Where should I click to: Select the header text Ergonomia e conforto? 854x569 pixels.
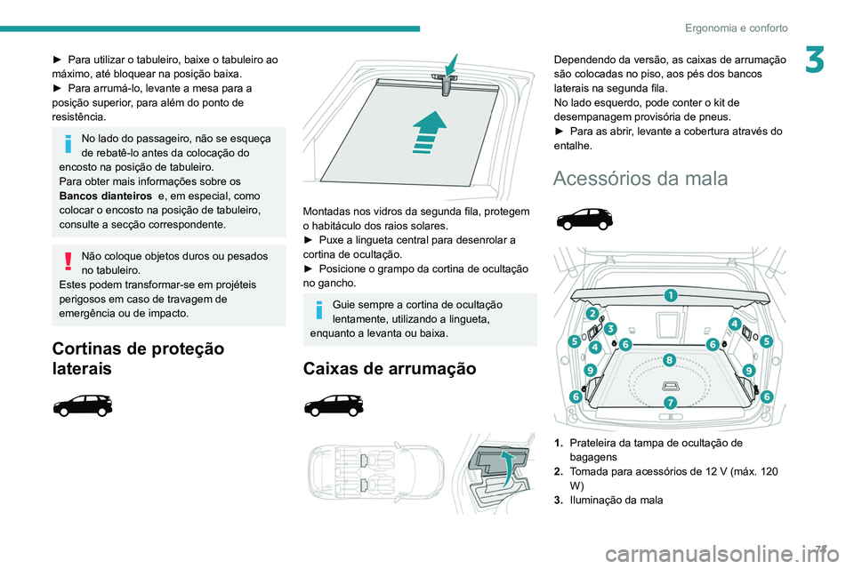(x=737, y=28)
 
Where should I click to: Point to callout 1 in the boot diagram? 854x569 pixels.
(x=668, y=294)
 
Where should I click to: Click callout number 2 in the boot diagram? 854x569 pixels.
(x=591, y=314)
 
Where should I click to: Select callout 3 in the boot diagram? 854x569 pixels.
(x=611, y=329)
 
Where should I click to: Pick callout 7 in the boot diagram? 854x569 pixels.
(x=671, y=403)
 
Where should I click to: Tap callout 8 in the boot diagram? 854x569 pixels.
(x=669, y=359)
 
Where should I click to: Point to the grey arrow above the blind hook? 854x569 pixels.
(x=451, y=63)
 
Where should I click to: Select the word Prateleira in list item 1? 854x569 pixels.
(x=595, y=442)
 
